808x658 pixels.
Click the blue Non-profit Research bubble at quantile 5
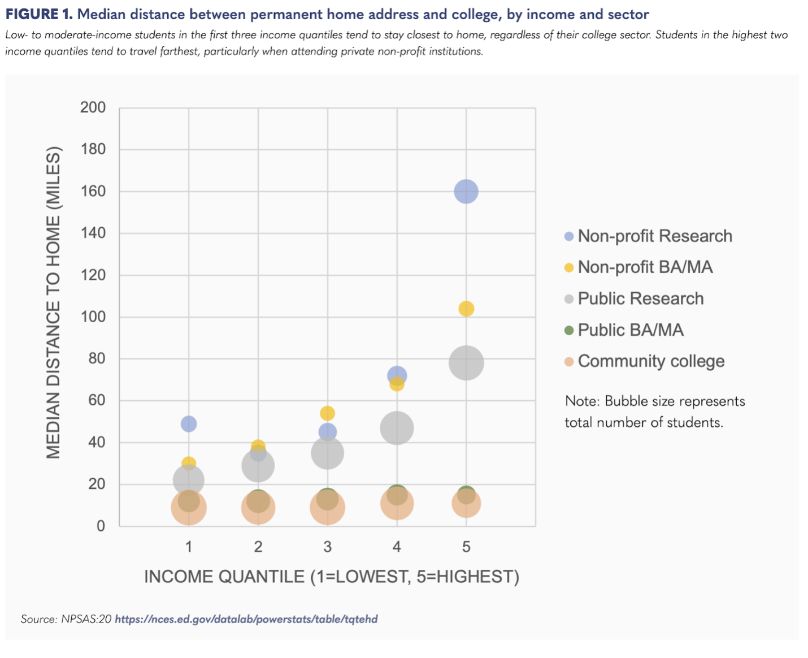click(x=466, y=192)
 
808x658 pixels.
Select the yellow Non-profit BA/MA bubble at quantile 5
click(x=466, y=309)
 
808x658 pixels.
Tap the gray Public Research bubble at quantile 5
click(x=466, y=363)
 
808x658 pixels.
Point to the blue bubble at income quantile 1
click(x=189, y=423)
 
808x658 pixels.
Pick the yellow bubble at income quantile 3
click(x=327, y=413)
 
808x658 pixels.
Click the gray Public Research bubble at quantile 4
click(x=397, y=428)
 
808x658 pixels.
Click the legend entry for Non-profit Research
click(x=654, y=236)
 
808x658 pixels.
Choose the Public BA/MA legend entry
click(x=630, y=330)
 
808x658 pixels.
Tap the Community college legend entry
click(x=650, y=361)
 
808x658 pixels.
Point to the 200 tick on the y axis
click(x=93, y=107)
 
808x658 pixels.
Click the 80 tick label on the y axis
click(x=97, y=358)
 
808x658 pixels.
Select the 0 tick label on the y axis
click(x=101, y=526)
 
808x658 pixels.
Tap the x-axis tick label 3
click(x=327, y=547)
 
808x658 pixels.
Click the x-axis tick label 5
click(x=466, y=547)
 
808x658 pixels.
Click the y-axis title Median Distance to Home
click(x=53, y=302)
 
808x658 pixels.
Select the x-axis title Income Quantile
click(x=332, y=577)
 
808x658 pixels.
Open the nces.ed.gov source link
click(x=246, y=619)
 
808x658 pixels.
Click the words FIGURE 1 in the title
click(x=39, y=14)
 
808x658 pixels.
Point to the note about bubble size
click(x=654, y=412)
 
